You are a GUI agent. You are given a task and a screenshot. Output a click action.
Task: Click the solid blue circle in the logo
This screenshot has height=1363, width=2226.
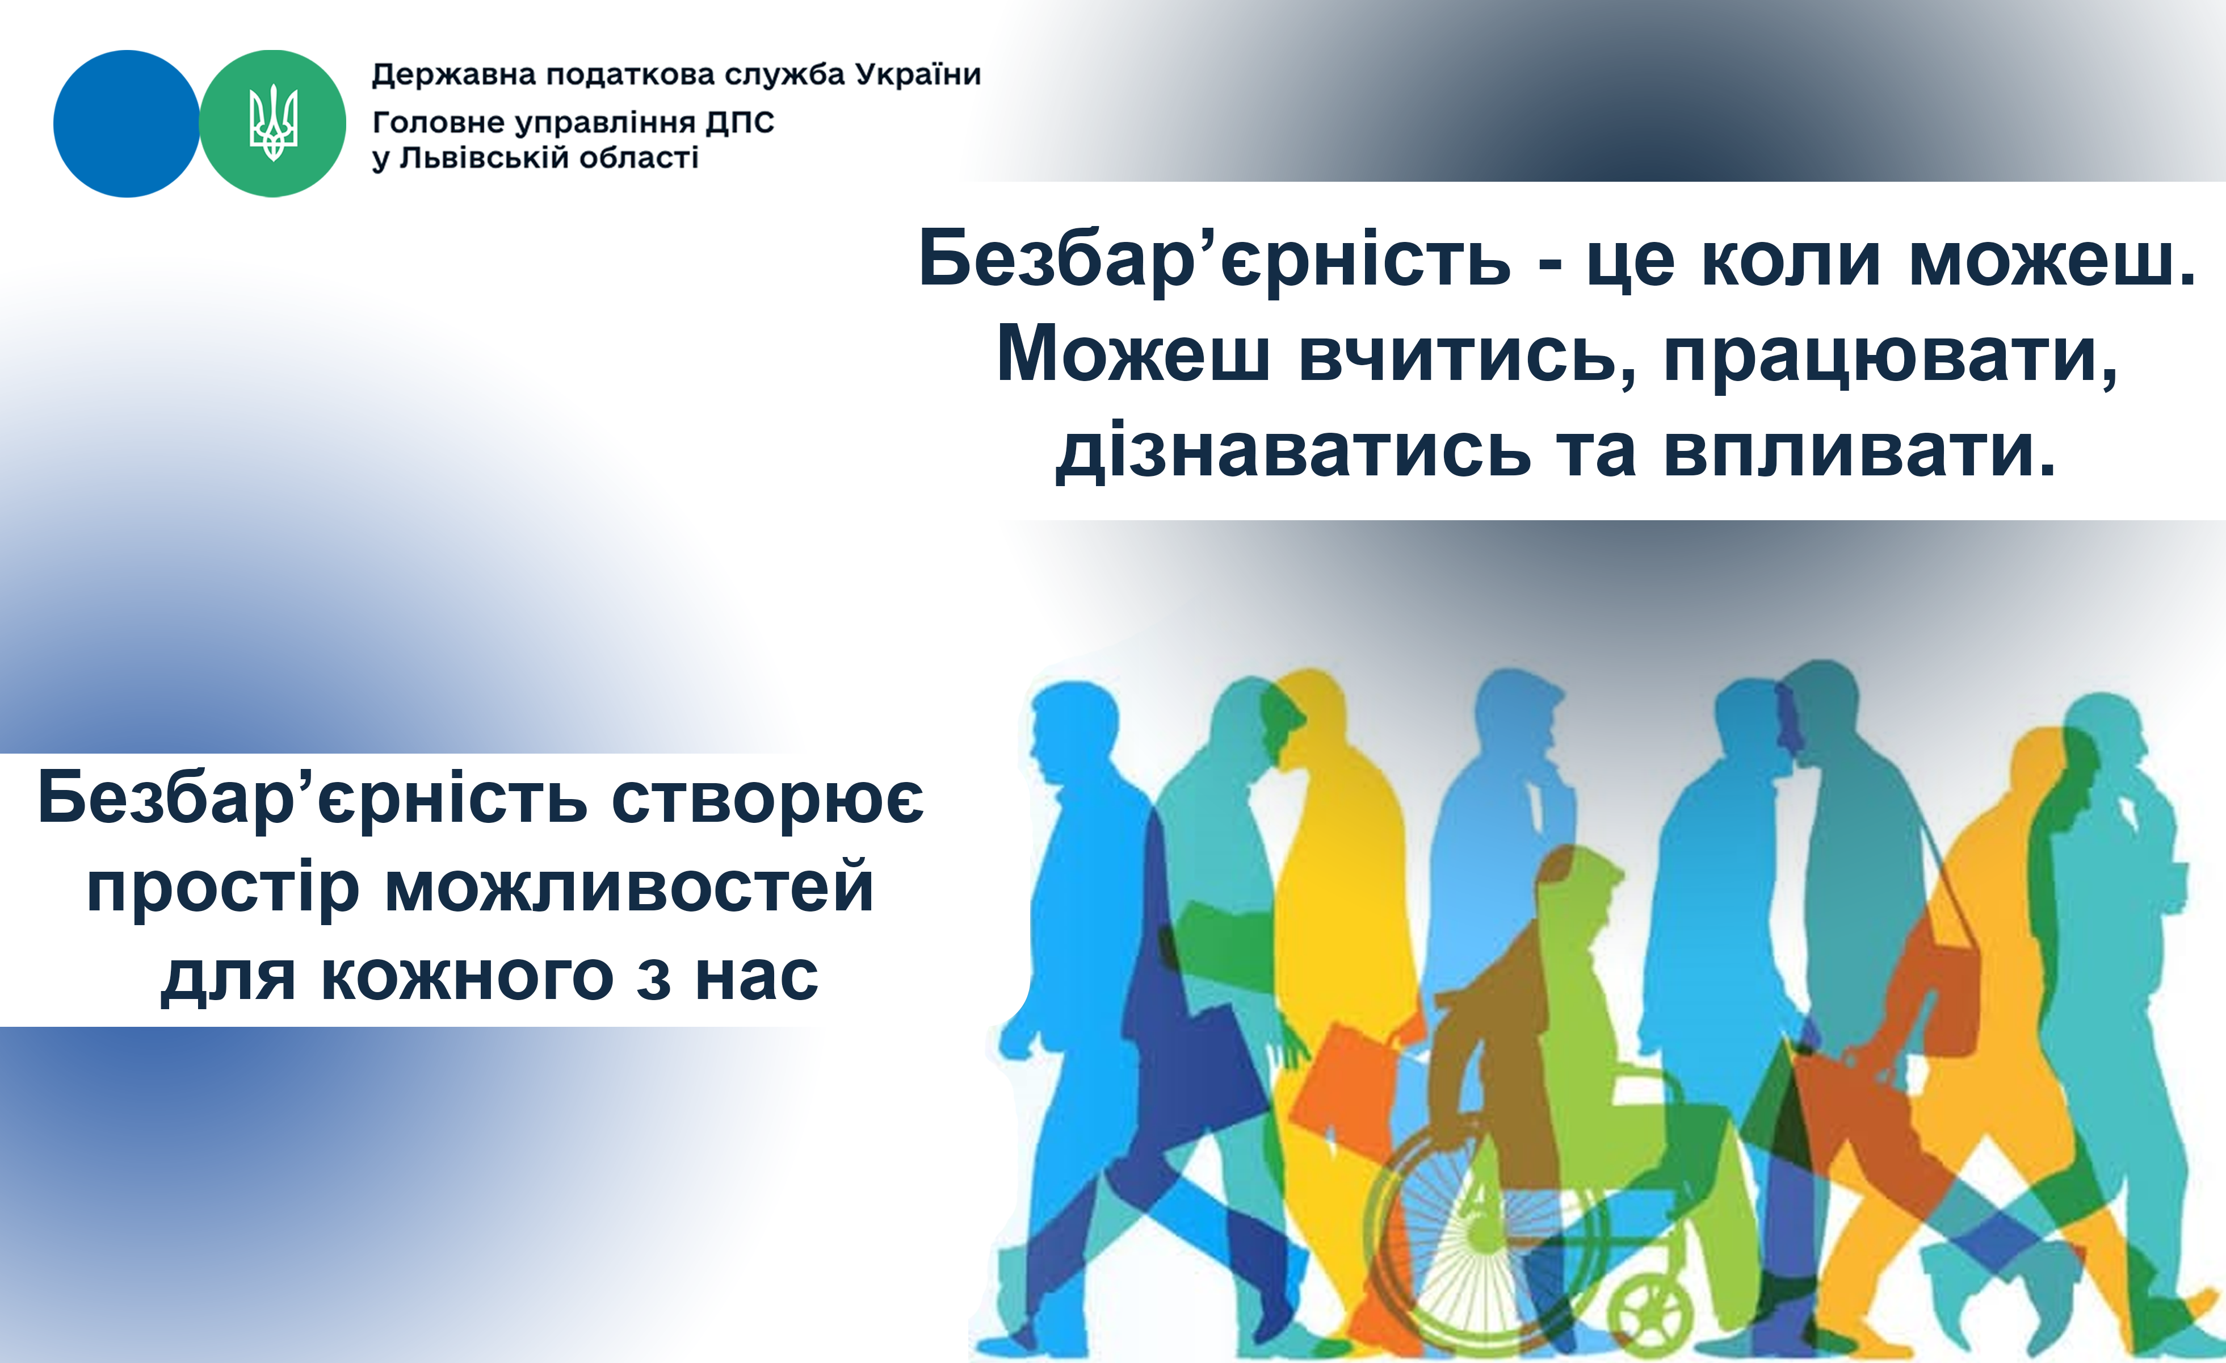[127, 124]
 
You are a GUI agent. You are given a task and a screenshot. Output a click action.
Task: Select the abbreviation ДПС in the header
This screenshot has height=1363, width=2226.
[740, 122]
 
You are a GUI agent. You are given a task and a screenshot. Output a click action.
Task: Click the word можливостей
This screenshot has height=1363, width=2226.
[629, 888]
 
